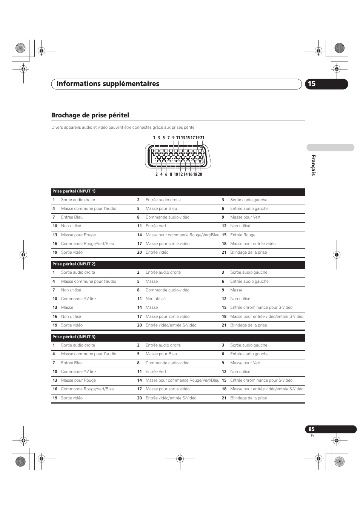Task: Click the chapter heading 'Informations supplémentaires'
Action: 108,84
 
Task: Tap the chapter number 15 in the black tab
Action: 311,84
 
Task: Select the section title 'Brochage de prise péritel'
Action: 90,115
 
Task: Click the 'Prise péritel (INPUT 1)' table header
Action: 74,191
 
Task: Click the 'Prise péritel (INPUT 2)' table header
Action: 74,264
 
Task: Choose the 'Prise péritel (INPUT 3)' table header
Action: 74,337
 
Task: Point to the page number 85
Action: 311,429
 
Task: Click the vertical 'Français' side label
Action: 313,165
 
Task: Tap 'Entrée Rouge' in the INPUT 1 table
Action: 243,235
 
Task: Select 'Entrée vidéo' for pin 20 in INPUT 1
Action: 157,253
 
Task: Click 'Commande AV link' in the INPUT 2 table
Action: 78,299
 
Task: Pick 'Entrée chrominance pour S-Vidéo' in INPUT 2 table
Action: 261,308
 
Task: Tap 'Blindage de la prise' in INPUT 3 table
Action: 248,398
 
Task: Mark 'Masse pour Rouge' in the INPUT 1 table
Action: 78,235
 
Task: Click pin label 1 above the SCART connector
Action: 154,138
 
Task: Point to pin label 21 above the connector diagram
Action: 202,138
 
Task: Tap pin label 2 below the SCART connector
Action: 157,174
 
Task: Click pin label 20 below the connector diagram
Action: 200,174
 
